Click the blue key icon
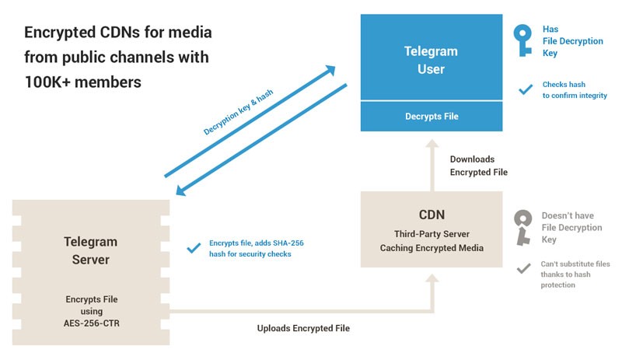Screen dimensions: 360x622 point(522,41)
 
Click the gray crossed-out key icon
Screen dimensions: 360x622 point(523,228)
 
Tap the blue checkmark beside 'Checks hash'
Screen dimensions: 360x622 point(525,89)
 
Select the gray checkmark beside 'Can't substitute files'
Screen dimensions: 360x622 point(525,269)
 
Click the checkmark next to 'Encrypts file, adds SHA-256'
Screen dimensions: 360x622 point(194,249)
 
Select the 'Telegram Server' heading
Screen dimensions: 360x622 point(90,250)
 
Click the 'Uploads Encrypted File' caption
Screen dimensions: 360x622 point(303,328)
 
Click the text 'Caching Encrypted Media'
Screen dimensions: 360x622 point(432,248)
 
